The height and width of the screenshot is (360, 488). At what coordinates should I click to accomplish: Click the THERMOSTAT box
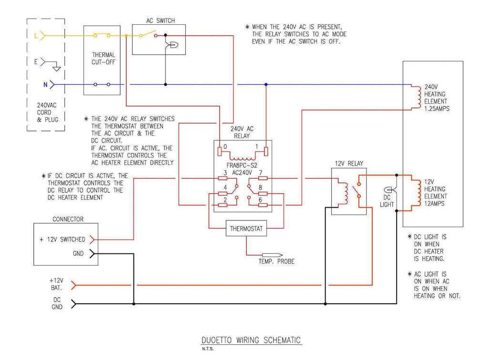pos(246,229)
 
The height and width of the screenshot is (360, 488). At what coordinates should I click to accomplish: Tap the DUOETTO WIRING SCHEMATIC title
pos(251,340)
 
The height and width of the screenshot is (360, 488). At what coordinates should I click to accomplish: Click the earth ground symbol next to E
pos(57,68)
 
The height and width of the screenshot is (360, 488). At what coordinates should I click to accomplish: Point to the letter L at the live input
pos(35,35)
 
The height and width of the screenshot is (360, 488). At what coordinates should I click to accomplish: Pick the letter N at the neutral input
pos(45,85)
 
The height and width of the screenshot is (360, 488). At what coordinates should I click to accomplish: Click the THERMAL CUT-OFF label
pos(103,58)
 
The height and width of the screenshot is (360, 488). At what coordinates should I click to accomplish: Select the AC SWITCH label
pos(160,20)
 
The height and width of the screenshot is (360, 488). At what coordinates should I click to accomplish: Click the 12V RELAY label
pos(348,163)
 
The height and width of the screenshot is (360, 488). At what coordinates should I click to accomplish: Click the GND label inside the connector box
pos(78,254)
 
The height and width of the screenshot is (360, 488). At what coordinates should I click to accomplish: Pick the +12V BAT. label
pos(56,284)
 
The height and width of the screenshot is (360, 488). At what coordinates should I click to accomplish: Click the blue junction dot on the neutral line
pos(266,85)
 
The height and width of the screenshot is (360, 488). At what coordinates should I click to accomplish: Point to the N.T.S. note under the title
pos(208,349)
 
